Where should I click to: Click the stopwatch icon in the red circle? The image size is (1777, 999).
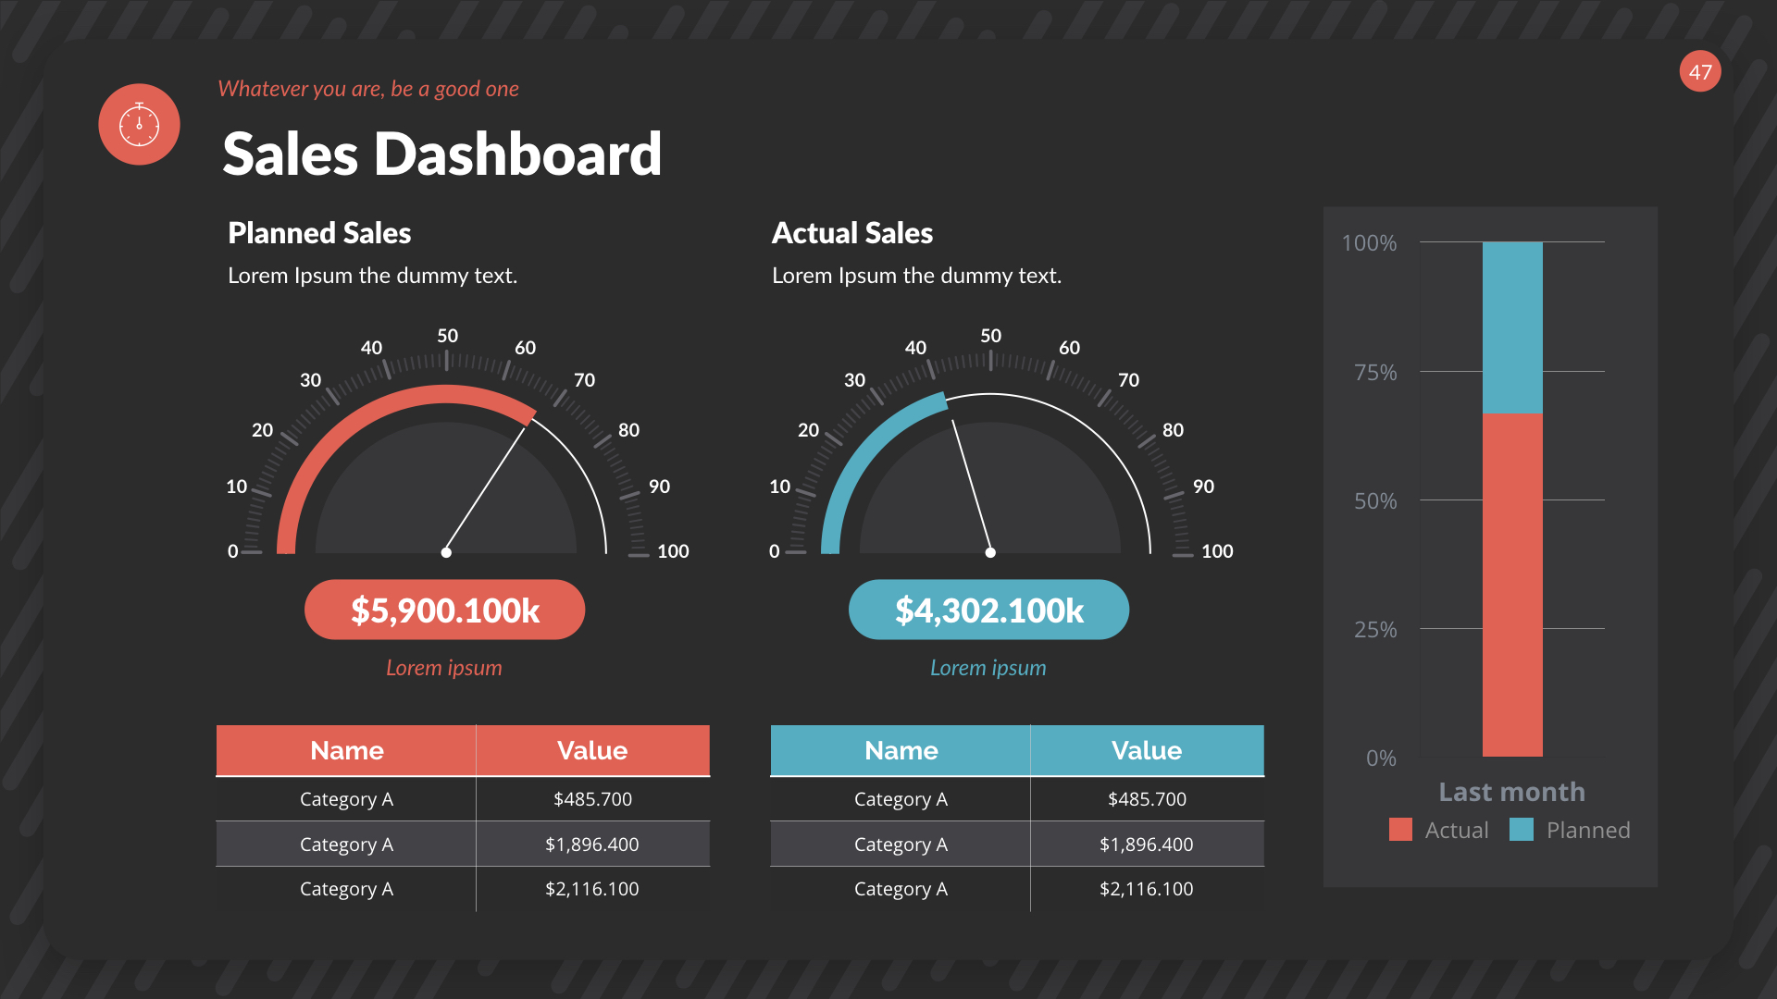[139, 124]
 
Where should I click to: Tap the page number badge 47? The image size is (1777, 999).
[1700, 71]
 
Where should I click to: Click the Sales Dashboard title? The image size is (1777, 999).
[441, 154]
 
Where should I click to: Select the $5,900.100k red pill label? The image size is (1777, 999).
[444, 610]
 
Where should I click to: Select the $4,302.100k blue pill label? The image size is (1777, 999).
[988, 610]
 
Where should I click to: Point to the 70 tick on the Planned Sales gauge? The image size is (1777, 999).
[584, 380]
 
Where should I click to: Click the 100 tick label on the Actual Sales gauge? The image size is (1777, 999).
[1217, 551]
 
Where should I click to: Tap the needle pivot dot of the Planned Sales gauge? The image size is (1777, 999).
[446, 552]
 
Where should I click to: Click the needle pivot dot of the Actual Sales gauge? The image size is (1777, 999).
[990, 552]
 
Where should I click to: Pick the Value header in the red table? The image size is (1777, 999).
[592, 750]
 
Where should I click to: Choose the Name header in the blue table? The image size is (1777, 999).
[901, 750]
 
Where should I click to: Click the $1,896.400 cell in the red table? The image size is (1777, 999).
[592, 844]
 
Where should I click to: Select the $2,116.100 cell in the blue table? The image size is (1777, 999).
[1146, 889]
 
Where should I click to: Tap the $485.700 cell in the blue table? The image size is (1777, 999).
[1146, 799]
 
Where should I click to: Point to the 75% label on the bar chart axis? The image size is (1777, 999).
[1375, 373]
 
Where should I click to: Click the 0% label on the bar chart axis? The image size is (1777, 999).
[1381, 758]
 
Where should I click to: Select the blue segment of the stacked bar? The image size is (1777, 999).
[1512, 327]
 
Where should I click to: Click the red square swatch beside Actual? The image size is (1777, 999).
[1400, 830]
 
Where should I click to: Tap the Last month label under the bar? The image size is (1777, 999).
[1511, 792]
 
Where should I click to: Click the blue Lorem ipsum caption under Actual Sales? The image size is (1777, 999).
[988, 668]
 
